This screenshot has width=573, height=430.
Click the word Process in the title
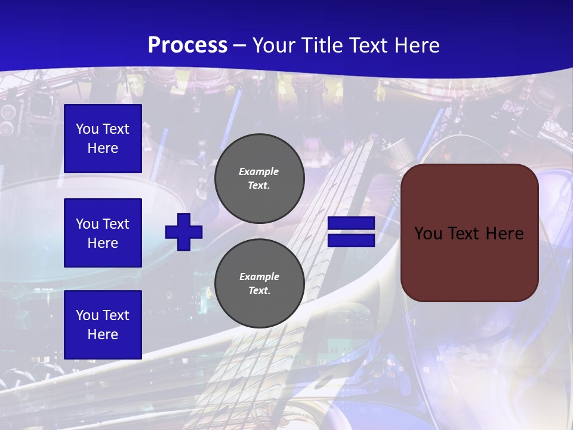point(187,45)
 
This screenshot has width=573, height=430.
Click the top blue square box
point(103,139)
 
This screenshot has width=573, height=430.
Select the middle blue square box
point(103,233)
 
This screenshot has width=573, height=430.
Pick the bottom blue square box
point(103,324)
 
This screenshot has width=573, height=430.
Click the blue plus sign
point(184,232)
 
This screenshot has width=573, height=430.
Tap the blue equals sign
point(351,232)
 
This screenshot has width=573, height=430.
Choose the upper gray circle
point(260,179)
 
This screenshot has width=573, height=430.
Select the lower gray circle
point(260,284)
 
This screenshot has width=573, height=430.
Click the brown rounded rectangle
point(470,233)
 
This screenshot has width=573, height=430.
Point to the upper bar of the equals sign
point(351,223)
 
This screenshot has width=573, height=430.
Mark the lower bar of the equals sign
point(351,240)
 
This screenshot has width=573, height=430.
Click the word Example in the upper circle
point(259,171)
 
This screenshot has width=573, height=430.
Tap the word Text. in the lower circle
point(260,291)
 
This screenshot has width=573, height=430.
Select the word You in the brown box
point(428,234)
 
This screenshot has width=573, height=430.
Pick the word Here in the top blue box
point(103,148)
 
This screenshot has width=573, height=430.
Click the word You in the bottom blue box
point(87,315)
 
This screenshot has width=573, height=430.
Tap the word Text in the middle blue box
point(116,224)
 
